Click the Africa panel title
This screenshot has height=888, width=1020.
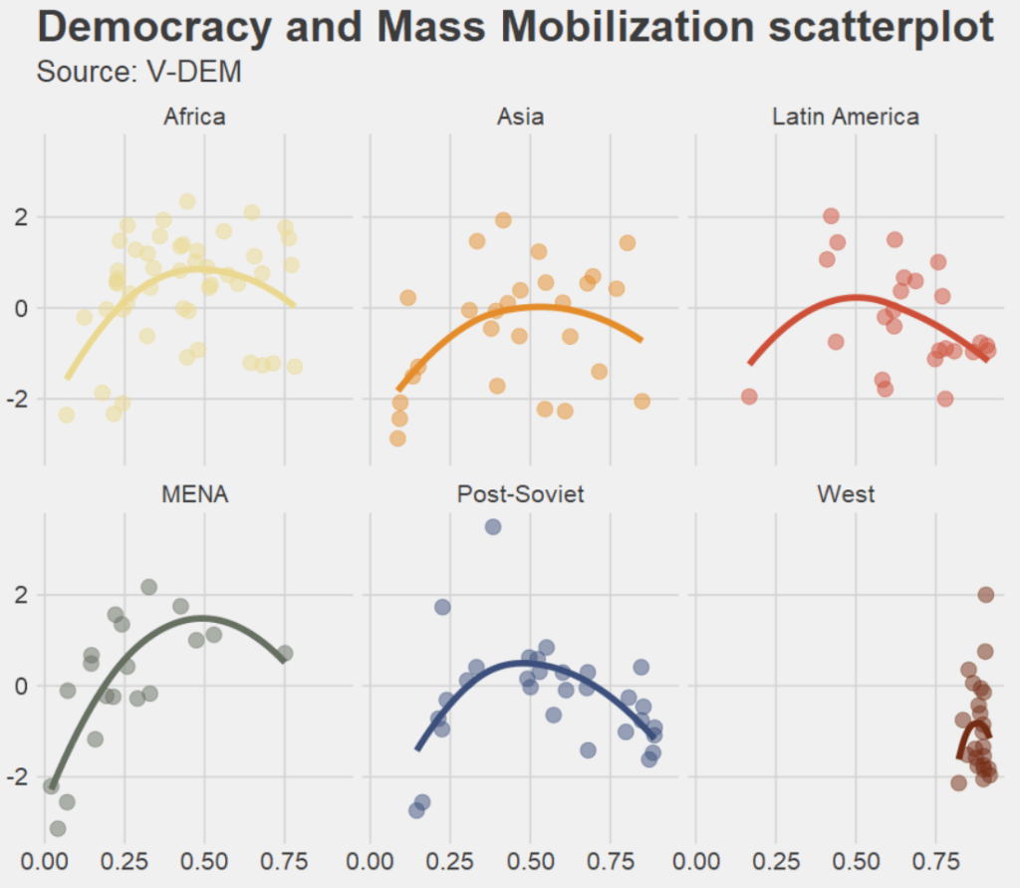[194, 117]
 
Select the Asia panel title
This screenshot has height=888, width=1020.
[520, 117]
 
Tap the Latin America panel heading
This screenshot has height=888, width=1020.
[846, 117]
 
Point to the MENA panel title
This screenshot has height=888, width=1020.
[194, 494]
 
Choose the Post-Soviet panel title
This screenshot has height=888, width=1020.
[520, 494]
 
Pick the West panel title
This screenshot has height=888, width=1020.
[846, 494]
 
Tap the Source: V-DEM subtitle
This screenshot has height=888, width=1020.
[139, 72]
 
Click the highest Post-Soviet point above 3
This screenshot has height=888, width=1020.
[493, 527]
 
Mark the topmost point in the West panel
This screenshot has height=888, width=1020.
[986, 595]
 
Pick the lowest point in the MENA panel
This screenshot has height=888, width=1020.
[58, 828]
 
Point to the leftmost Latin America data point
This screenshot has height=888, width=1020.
[749, 397]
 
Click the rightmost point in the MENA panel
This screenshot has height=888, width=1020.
[285, 654]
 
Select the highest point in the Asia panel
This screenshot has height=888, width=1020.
[503, 220]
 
